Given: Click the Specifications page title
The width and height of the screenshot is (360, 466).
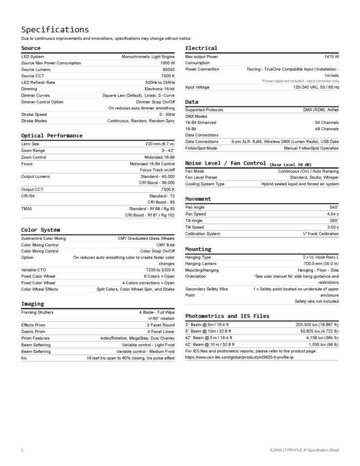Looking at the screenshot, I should (55, 30).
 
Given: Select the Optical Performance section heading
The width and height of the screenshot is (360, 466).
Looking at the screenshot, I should (52, 136).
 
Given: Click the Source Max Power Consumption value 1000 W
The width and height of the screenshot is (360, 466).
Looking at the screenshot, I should (167, 63).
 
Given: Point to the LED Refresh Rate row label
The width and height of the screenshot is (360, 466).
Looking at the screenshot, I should (38, 82).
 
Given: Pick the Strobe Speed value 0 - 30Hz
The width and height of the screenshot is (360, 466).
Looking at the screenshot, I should (165, 115).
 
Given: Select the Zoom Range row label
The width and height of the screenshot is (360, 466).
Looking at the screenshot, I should (33, 150).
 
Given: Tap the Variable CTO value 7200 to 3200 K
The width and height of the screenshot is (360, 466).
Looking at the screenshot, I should (157, 270).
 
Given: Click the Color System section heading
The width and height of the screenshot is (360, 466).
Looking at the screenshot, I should (41, 230).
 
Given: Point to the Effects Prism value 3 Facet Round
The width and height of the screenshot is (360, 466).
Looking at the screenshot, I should (161, 325).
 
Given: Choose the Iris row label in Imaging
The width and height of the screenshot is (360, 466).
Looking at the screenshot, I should (24, 358).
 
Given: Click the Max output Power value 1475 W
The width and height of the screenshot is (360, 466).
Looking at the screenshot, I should (331, 56).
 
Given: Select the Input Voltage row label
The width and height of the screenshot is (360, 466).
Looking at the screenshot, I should (198, 87).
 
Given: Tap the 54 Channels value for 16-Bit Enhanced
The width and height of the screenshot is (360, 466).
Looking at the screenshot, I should (327, 123).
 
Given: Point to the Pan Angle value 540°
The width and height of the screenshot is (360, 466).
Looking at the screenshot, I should (334, 207).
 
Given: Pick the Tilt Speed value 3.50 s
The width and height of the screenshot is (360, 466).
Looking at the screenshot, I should (333, 227).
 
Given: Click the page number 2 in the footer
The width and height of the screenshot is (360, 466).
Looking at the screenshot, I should (22, 450).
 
